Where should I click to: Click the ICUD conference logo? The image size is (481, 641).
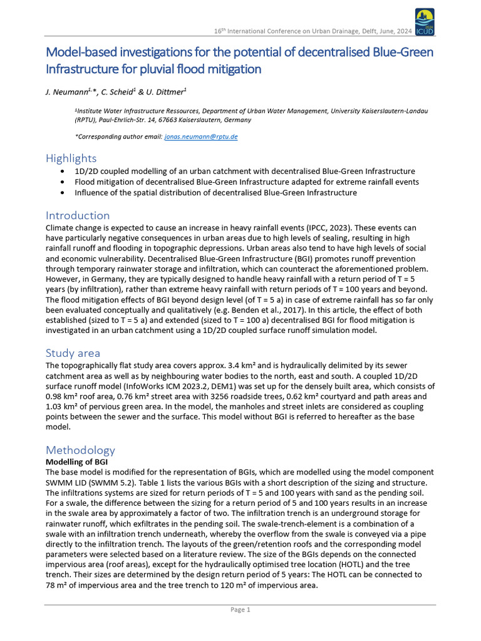click(x=424, y=23)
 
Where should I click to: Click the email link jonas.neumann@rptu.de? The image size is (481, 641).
click(x=200, y=136)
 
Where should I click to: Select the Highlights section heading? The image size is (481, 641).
click(x=71, y=158)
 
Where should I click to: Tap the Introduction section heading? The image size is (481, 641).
click(x=78, y=215)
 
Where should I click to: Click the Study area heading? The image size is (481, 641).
click(x=73, y=352)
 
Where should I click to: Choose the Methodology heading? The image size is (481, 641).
click(x=80, y=449)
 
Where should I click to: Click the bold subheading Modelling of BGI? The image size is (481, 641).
click(x=76, y=461)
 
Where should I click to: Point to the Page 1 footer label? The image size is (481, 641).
click(x=240, y=610)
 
